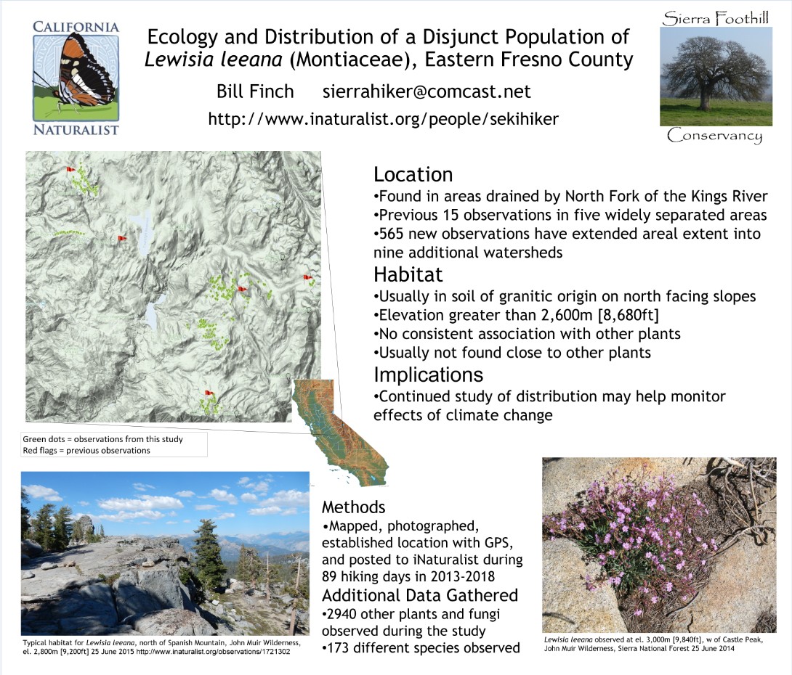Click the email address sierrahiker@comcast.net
427,91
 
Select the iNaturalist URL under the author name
384,119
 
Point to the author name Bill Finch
255,91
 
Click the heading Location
413,174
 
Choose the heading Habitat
408,274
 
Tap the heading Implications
428,375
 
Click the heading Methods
354,507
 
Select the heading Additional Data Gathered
420,595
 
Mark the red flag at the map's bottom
209,393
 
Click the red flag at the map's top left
70,170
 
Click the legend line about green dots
102,439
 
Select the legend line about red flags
86,451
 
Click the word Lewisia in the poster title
174,60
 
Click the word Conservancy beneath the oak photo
714,136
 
